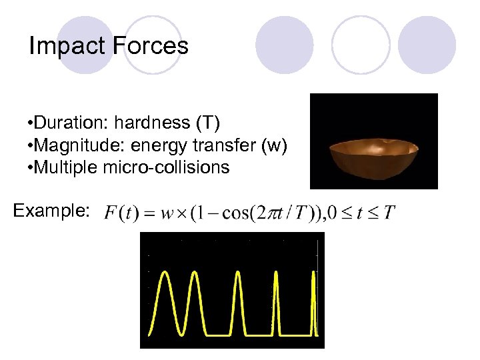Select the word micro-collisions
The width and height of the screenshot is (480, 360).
(x=166, y=167)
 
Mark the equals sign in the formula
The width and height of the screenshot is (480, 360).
(x=149, y=214)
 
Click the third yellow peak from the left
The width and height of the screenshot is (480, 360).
(x=238, y=300)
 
